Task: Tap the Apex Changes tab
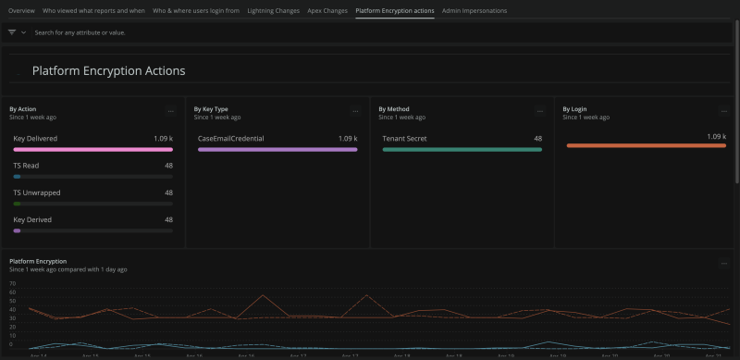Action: click(x=327, y=10)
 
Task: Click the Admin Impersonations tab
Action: click(x=475, y=10)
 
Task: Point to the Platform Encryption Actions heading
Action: click(x=108, y=70)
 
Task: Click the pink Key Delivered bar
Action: click(x=92, y=148)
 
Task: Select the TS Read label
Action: click(x=26, y=166)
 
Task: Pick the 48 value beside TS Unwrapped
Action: click(x=168, y=192)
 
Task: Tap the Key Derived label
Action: click(x=32, y=219)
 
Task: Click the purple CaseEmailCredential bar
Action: click(x=277, y=148)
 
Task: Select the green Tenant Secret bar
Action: click(x=462, y=148)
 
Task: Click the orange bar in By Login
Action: click(x=646, y=145)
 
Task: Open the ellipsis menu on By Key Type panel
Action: click(x=355, y=112)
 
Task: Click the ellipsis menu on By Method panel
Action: click(x=540, y=112)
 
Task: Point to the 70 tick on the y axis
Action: click(x=13, y=283)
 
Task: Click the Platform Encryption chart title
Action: click(x=38, y=261)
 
